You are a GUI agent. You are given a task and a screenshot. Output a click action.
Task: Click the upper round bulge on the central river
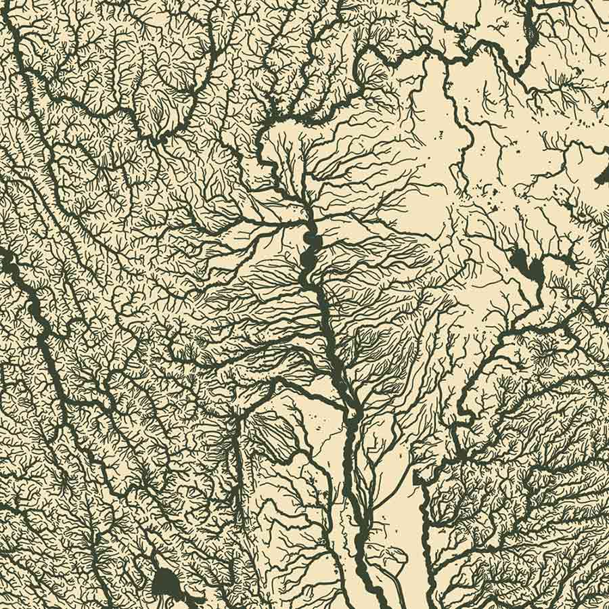coord(310,239)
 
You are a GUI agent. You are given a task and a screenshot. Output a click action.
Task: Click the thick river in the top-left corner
coord(14,41)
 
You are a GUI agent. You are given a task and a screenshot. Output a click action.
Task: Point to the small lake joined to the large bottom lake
coord(193,598)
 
